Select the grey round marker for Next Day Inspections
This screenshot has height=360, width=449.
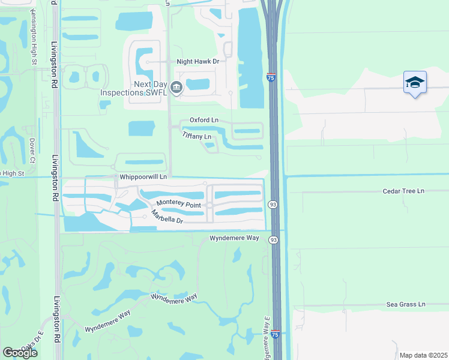(176, 88)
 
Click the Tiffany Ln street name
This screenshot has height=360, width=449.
(197, 136)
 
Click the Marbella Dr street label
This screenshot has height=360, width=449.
(166, 217)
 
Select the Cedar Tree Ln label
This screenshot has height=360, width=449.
(403, 191)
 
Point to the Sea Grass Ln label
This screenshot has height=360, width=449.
(405, 305)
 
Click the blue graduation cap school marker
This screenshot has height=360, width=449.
(415, 82)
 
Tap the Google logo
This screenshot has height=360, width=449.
(20, 352)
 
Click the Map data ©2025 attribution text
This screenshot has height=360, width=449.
(423, 355)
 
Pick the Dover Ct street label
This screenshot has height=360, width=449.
(32, 151)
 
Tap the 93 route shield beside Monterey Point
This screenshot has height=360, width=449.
(273, 204)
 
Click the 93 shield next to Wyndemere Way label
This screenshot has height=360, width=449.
(274, 240)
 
